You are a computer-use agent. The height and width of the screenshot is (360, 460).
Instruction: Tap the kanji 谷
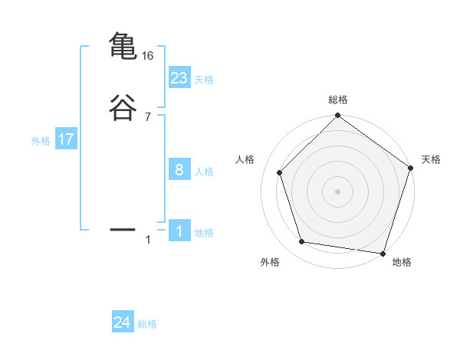pyautogui.click(x=123, y=108)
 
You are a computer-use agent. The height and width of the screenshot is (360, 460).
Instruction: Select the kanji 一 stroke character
pyautogui.click(x=123, y=228)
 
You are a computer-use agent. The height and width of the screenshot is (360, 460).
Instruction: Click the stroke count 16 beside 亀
pyautogui.click(x=148, y=56)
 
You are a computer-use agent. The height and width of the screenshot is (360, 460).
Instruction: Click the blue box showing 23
pyautogui.click(x=179, y=77)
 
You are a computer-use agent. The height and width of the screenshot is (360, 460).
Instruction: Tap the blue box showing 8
pyautogui.click(x=179, y=170)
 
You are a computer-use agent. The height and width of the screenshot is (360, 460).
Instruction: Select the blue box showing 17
pyautogui.click(x=66, y=140)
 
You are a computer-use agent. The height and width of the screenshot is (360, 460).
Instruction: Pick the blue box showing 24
pyautogui.click(x=123, y=322)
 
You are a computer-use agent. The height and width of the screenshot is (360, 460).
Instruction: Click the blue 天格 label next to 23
pyautogui.click(x=204, y=80)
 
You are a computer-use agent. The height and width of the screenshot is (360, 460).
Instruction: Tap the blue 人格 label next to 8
pyautogui.click(x=204, y=172)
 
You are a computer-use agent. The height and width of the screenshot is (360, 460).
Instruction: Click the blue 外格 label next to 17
pyautogui.click(x=41, y=141)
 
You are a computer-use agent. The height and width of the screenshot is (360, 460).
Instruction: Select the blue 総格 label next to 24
pyautogui.click(x=147, y=324)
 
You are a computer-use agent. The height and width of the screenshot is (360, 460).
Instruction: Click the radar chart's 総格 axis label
pyautogui.click(x=337, y=100)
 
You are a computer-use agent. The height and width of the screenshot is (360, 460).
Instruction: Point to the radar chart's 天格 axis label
pyautogui.click(x=431, y=159)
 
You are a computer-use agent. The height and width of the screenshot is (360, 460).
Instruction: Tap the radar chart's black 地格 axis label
pyautogui.click(x=402, y=262)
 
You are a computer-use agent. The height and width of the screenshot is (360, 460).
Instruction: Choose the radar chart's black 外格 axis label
pyautogui.click(x=270, y=262)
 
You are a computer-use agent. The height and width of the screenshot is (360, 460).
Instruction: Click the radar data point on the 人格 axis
pyautogui.click(x=279, y=172)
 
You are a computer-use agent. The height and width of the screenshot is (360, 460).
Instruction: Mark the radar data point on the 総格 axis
pyautogui.click(x=337, y=116)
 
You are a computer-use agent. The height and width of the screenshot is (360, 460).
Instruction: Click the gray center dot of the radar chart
pyautogui.click(x=337, y=191)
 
